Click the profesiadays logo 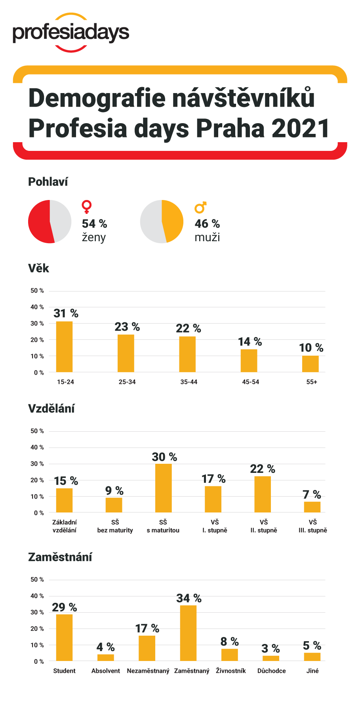71,33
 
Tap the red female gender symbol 86,207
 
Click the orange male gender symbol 200,207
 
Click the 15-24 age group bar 64,347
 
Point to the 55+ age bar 310,364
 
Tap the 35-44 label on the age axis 189,382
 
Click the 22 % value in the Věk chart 189,329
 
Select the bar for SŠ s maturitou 163,488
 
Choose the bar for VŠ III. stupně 312,507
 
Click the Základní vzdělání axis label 65,526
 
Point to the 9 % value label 114,491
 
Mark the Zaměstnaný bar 188,633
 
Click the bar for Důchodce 271,658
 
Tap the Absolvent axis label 106,671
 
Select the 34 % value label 189,598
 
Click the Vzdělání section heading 51,409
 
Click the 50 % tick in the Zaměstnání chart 37,579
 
